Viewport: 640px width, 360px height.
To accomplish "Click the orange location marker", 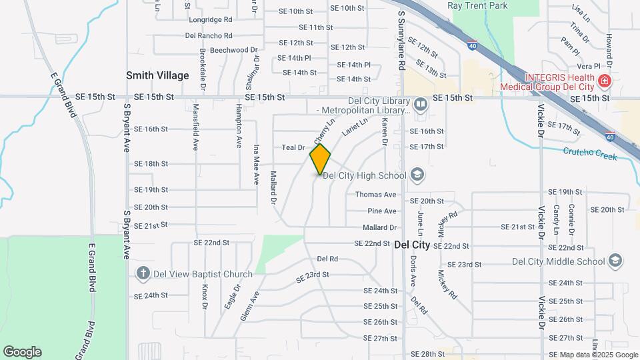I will coord(320,159).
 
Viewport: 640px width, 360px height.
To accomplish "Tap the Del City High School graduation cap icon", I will coord(417,175).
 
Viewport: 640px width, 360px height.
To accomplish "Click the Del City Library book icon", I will coord(421,104).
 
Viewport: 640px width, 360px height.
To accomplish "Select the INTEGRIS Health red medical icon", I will coord(604,82).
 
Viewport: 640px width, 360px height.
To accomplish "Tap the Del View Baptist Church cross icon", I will coord(142,273).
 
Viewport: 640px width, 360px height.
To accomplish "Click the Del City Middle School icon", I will coord(617,261).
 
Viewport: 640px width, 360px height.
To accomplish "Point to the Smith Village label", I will coord(158,75).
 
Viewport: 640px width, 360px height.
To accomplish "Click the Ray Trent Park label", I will coord(477,6).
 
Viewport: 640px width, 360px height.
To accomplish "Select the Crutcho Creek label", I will coord(590,152).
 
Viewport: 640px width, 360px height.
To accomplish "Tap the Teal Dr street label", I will coord(293,147).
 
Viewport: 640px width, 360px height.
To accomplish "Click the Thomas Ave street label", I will coord(376,195).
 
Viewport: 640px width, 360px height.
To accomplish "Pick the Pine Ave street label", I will coord(382,211).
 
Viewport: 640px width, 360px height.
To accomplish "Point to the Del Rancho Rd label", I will coord(209,35).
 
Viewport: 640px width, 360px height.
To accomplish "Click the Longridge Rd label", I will coord(210,20).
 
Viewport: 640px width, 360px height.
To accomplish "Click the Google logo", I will coord(22,351).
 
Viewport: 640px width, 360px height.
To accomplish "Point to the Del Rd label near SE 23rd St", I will coord(327,259).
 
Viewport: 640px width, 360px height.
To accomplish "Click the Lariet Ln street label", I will coord(355,127).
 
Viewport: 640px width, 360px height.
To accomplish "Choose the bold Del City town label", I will coord(412,245).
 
